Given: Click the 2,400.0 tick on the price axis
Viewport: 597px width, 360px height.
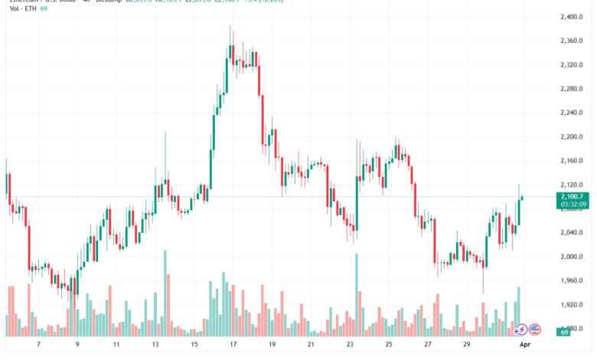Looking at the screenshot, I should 575,17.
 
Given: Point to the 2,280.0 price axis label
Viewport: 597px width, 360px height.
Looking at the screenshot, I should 575,89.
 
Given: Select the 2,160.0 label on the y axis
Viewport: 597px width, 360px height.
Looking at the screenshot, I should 575,161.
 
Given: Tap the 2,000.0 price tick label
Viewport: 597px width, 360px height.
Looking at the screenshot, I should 575,257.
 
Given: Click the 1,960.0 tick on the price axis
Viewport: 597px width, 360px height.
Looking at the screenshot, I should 575,280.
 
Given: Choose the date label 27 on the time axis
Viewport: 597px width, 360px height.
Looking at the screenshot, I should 429,345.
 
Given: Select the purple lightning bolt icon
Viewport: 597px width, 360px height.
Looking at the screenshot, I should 520,329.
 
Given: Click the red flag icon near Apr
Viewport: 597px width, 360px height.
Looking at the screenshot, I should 534,329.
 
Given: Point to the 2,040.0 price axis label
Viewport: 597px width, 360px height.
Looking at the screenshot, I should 575,232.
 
